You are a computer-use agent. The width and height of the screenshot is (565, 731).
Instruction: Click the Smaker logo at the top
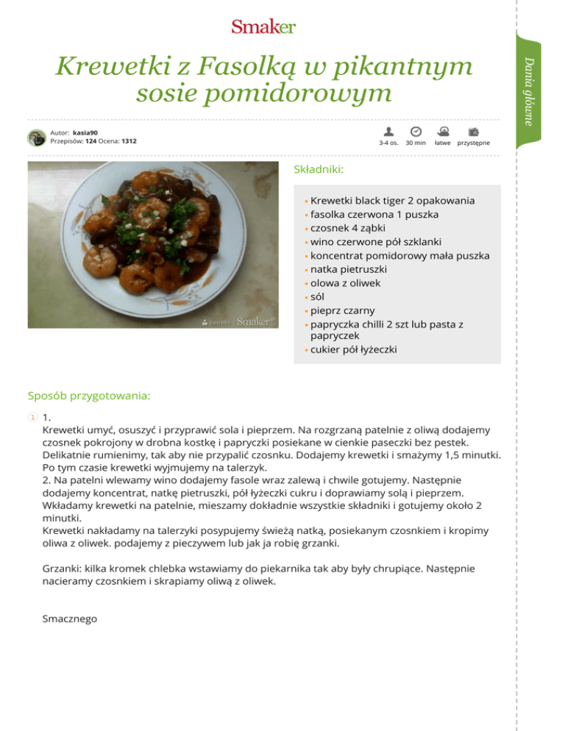(263, 27)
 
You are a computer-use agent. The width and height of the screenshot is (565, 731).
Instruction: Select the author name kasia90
(85, 132)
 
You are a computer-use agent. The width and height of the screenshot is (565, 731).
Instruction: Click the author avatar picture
(38, 138)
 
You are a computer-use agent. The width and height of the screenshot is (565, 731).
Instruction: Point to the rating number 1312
(129, 141)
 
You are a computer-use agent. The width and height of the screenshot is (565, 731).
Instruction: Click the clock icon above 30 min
(416, 131)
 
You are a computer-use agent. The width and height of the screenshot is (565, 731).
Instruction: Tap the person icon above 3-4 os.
(388, 131)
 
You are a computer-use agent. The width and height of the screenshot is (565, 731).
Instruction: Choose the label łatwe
(443, 143)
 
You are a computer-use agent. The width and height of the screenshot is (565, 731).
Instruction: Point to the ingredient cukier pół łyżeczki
(354, 349)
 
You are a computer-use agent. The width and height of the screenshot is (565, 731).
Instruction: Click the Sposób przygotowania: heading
(89, 396)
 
